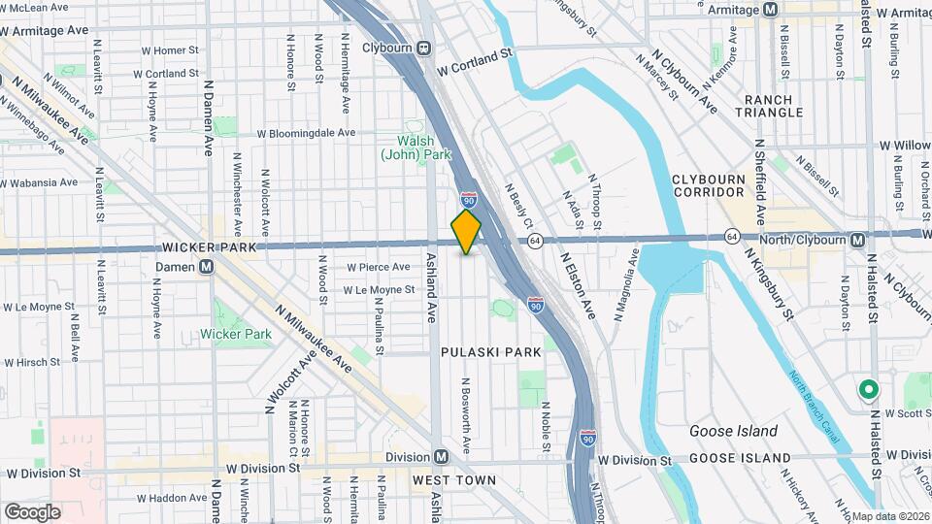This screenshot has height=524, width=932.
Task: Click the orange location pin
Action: click(467, 232)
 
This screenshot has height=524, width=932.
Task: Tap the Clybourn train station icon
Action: click(424, 49)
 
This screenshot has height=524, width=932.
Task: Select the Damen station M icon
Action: click(206, 267)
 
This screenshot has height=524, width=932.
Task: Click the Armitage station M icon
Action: click(770, 9)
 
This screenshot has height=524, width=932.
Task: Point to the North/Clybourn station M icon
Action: click(857, 240)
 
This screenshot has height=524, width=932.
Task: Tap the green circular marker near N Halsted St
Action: click(868, 390)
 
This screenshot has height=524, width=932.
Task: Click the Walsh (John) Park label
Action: click(416, 147)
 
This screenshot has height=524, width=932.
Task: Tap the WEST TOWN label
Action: click(453, 480)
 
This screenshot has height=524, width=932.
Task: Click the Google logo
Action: click(32, 511)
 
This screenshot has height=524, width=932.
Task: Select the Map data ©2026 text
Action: click(889, 516)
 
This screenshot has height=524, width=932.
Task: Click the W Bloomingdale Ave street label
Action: click(306, 133)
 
